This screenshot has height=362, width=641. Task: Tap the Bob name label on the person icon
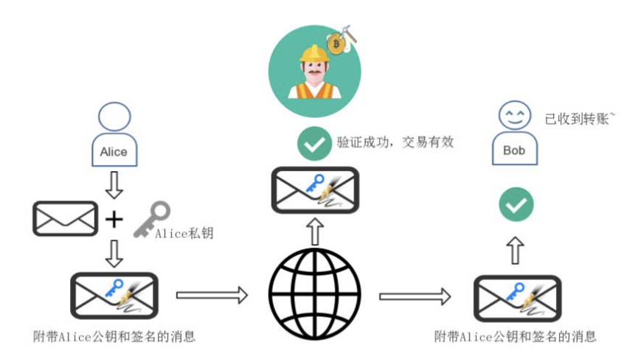point(514,150)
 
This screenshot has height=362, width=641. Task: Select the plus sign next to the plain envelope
point(114,219)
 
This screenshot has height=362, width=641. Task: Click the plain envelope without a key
point(65,219)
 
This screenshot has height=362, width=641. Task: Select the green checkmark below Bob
point(516,205)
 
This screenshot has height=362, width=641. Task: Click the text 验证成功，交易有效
point(392,142)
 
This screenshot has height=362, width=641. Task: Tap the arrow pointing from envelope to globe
point(212,296)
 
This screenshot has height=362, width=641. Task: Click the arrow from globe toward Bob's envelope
point(414,296)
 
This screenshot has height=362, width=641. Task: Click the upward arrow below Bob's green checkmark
point(516,251)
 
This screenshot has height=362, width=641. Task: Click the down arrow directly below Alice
point(114,186)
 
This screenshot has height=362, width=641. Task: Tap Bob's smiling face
point(514,115)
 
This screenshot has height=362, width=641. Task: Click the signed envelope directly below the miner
point(314,190)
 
